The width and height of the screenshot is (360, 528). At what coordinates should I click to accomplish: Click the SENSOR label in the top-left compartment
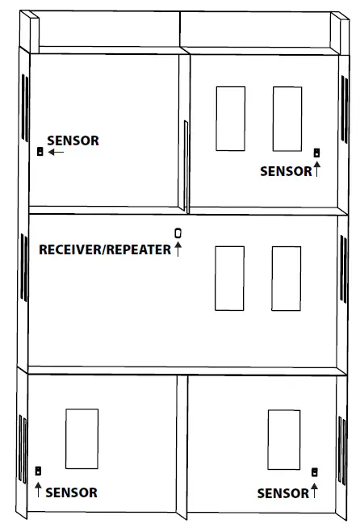[x=73, y=140]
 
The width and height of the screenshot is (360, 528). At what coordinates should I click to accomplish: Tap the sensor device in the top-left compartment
[x=40, y=151]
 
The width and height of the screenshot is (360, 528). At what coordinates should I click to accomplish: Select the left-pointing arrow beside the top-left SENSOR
[x=57, y=152]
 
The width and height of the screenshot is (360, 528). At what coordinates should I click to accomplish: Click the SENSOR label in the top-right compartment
[x=286, y=171]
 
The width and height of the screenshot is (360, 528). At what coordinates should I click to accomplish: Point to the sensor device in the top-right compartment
[x=317, y=152]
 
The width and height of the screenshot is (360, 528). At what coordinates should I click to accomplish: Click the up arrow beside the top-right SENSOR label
[x=317, y=170]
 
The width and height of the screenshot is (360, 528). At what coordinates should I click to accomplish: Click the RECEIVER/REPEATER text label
[x=105, y=249]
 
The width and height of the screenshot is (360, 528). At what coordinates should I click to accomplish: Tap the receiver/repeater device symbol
[x=178, y=233]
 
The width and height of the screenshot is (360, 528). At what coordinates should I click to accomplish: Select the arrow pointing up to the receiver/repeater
[x=178, y=249]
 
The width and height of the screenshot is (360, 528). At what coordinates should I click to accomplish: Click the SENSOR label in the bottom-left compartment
[x=71, y=492]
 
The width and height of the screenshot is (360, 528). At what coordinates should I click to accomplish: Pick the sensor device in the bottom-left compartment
[x=38, y=471]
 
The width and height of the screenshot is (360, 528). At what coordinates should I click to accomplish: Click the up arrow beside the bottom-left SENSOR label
[x=38, y=488]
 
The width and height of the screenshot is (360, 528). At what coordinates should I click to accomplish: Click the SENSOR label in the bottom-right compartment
[x=283, y=492]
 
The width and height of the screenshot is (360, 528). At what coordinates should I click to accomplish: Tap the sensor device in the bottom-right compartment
[x=314, y=471]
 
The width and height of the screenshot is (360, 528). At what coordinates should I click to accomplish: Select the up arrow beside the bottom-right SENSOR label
[x=314, y=489]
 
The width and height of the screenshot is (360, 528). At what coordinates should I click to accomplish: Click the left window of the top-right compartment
[x=230, y=118]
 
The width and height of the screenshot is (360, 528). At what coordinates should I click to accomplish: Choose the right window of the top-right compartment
[x=287, y=118]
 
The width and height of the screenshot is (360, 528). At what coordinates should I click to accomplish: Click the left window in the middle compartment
[x=229, y=278]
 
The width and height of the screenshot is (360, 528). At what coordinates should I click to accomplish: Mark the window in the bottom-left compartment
[x=82, y=438]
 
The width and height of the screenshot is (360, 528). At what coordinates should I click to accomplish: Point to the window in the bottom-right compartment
[x=283, y=439]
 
